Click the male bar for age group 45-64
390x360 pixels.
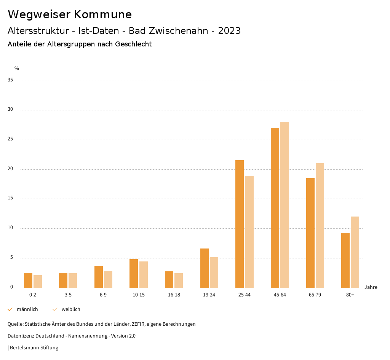[x=275, y=208]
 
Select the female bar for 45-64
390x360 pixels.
[x=285, y=205]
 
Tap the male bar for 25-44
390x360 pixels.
[x=240, y=224]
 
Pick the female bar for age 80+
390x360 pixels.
[x=355, y=252]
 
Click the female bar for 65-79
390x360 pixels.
[x=320, y=225]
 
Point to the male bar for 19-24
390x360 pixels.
[x=205, y=268]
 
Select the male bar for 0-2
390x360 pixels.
[x=28, y=280]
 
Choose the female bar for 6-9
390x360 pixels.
[x=108, y=279]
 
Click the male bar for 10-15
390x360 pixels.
[x=134, y=273]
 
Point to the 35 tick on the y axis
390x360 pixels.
[x=10, y=80]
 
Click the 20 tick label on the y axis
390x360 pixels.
[x=10, y=169]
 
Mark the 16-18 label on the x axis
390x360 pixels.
[x=174, y=295]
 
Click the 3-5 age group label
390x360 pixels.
[x=68, y=295]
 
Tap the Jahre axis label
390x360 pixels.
[x=371, y=287]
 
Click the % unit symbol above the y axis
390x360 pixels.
[x=17, y=68]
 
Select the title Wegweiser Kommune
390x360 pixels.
[x=70, y=14]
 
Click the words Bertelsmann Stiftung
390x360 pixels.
[x=34, y=348]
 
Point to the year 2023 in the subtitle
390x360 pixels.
[x=229, y=31]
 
